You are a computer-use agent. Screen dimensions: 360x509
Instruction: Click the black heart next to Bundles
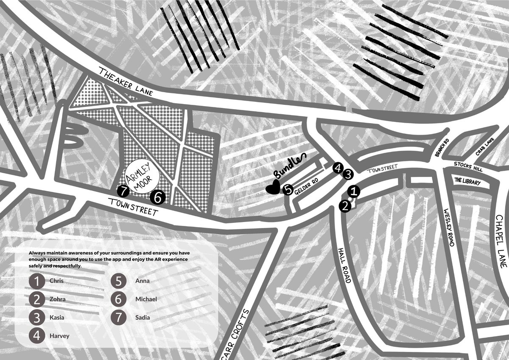[x=272, y=188]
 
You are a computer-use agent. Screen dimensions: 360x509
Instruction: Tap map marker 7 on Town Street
[x=123, y=191]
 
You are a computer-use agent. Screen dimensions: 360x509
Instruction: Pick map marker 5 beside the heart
[x=288, y=190]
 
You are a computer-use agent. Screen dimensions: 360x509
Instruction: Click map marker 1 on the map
[x=355, y=192]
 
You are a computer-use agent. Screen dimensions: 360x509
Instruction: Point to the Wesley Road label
[x=449, y=228]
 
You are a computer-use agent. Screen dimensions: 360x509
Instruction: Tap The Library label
[x=467, y=182]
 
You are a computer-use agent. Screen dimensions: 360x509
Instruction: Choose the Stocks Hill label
[x=466, y=164]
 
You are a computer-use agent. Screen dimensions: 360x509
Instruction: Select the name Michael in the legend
[x=146, y=299]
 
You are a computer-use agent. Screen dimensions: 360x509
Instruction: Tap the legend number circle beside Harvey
[x=37, y=336]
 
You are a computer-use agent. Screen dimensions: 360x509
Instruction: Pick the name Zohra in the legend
[x=58, y=299]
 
